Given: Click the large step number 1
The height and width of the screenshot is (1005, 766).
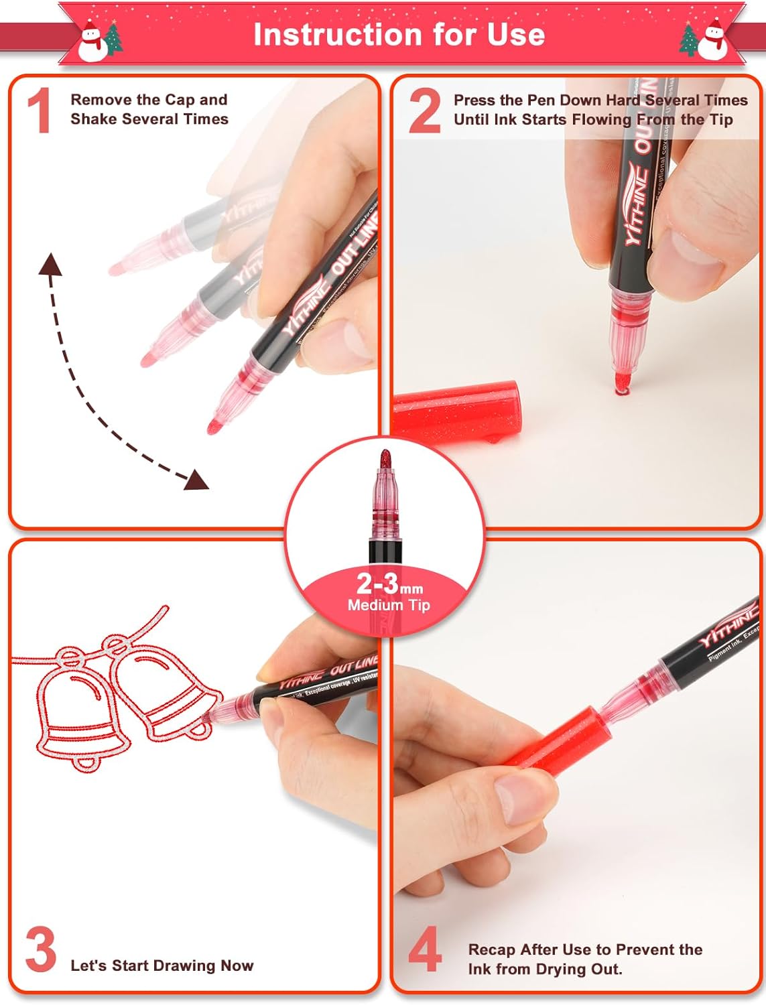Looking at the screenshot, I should pos(39,111).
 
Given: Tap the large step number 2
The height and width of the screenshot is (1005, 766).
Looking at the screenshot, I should pos(424,111).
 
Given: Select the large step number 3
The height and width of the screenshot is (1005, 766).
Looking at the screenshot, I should pos(40,949).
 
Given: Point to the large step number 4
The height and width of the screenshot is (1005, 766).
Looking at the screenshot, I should pos(425,949).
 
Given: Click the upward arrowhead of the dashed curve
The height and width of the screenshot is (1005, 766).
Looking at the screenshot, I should pos(51,264).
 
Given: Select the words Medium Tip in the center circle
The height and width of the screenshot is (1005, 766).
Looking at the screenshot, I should pos(389,605).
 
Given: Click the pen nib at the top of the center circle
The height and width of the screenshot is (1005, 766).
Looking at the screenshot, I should pos(385,462).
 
